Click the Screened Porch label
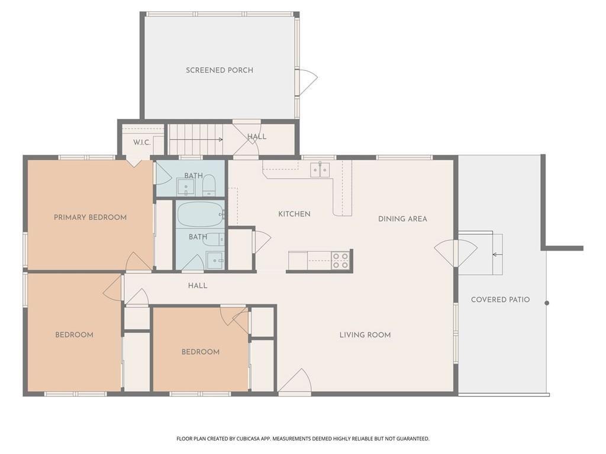pos(220,70)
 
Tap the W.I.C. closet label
pos(141,142)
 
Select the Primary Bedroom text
pos(90,218)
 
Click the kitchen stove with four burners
pos(340,260)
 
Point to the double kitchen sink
pos(320,170)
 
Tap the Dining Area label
pos(402,219)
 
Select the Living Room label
pos(365,335)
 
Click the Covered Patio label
pos(500,300)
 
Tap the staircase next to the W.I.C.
pos(195,140)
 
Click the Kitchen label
pos(294,214)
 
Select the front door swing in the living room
pos(296,383)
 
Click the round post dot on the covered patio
pos(547,303)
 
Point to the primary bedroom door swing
pos(137,262)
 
